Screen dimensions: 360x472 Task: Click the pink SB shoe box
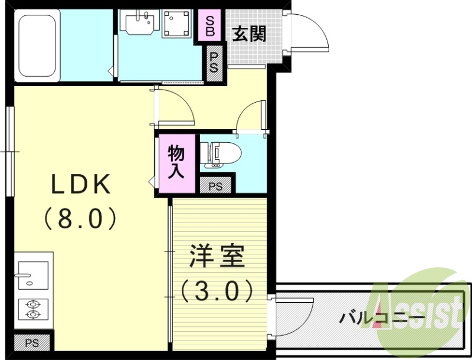[x=210, y=25]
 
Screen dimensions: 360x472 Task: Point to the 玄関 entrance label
[x=248, y=34]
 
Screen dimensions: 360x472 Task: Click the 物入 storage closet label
[x=176, y=161]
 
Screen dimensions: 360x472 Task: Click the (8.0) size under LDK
[x=81, y=219]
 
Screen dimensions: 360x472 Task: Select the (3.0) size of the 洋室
[x=217, y=290]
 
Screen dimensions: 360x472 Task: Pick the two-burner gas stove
[x=32, y=309]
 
